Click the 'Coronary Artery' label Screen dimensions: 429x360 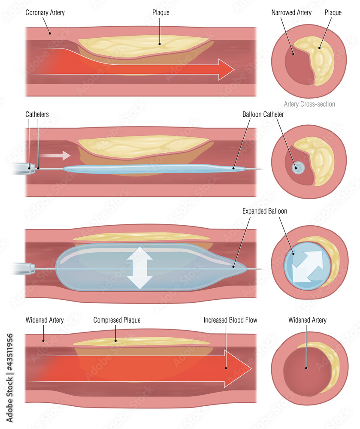point(45,12)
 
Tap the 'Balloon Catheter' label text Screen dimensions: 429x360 point(263,115)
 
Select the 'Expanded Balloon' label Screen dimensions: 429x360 point(265,211)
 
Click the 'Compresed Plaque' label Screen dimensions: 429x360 point(117,320)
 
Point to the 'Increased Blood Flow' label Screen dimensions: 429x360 point(230,320)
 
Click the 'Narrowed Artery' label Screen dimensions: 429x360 point(292,12)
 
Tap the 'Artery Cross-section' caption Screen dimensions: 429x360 point(309,104)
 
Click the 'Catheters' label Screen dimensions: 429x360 point(37,115)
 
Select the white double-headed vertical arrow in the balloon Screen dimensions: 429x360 point(139,268)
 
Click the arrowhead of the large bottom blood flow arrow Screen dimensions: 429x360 point(238,368)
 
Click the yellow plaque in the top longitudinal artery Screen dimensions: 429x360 point(142,46)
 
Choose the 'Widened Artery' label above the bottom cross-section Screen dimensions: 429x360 point(307,320)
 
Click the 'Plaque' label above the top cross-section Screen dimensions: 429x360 point(333,12)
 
